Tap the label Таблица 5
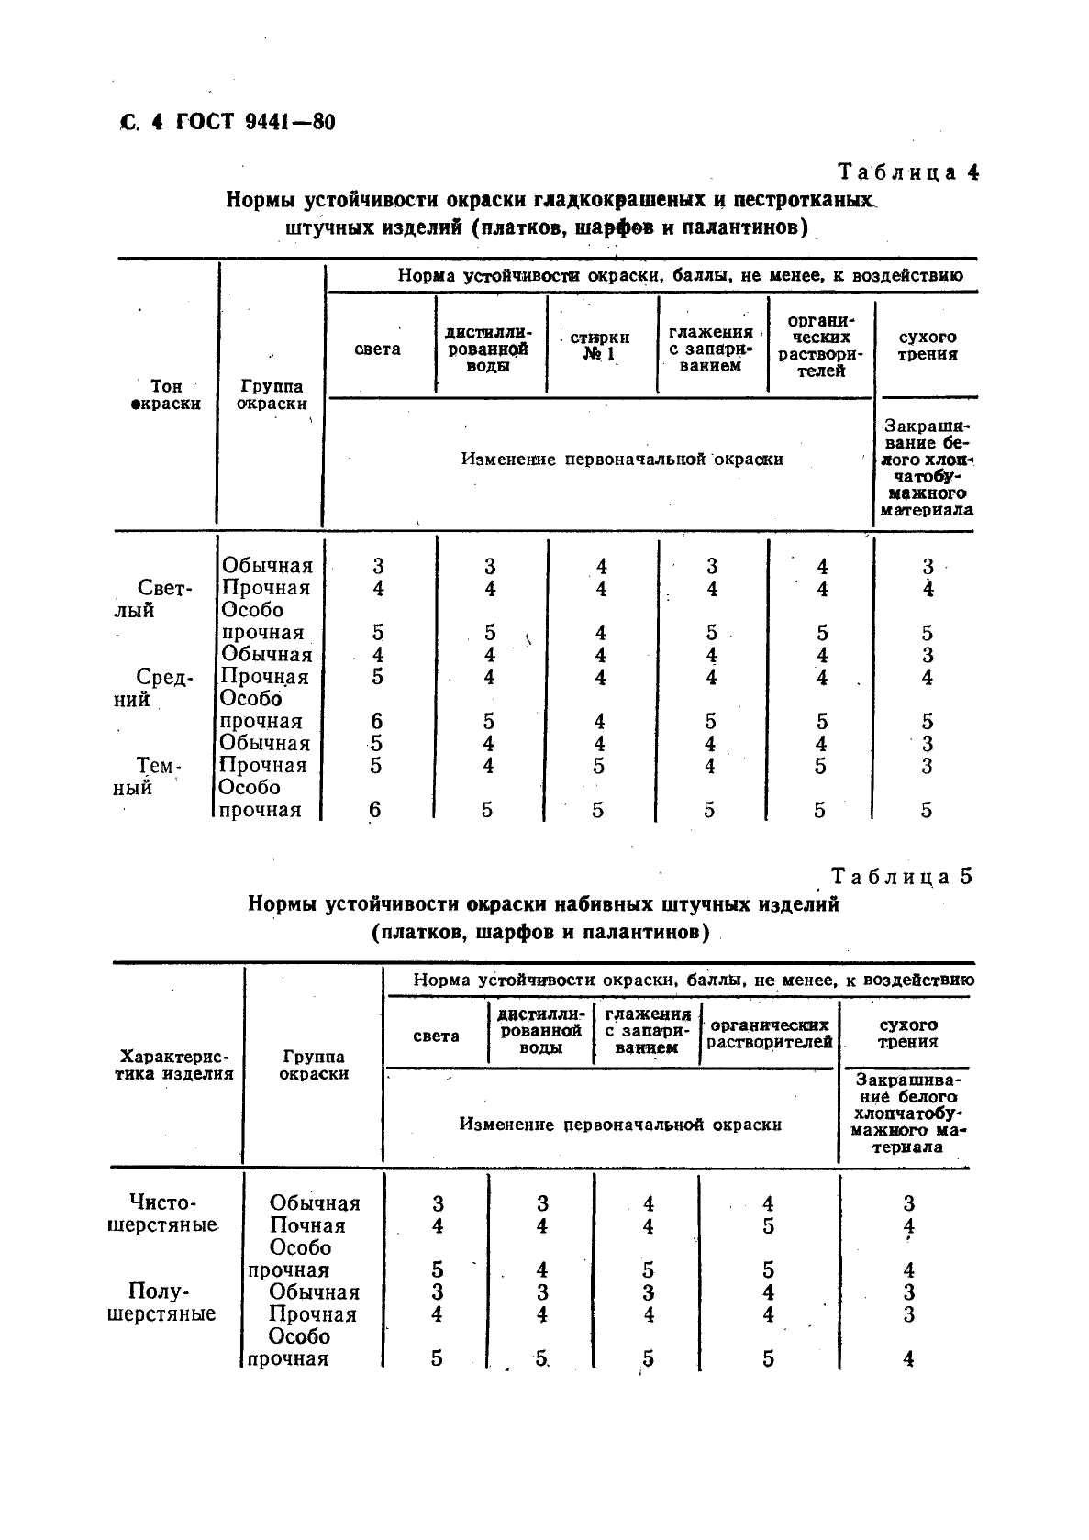pos(901,877)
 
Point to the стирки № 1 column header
pos(600,346)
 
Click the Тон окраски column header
pos(166,395)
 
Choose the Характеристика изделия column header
pos(174,1065)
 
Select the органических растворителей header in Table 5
pos(770,1034)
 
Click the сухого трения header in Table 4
pos(928,346)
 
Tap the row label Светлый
pos(153,599)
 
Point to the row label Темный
pos(150,777)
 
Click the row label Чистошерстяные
pos(162,1213)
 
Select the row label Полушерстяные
pos(161,1302)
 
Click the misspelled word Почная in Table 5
pos(307,1225)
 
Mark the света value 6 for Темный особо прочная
pos(374,810)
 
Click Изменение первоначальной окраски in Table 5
pos(620,1125)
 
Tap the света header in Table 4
pos(378,349)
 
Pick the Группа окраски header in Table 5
pos(314,1065)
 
